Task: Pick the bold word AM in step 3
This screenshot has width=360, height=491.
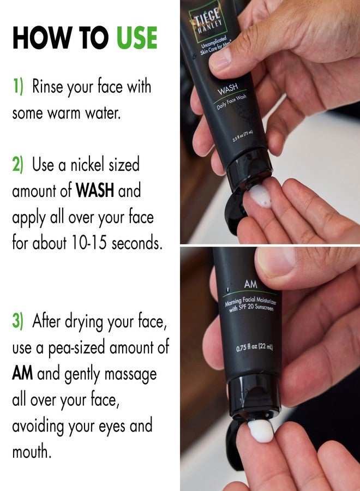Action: pos(22,374)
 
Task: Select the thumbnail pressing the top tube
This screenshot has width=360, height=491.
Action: pos(220,58)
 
